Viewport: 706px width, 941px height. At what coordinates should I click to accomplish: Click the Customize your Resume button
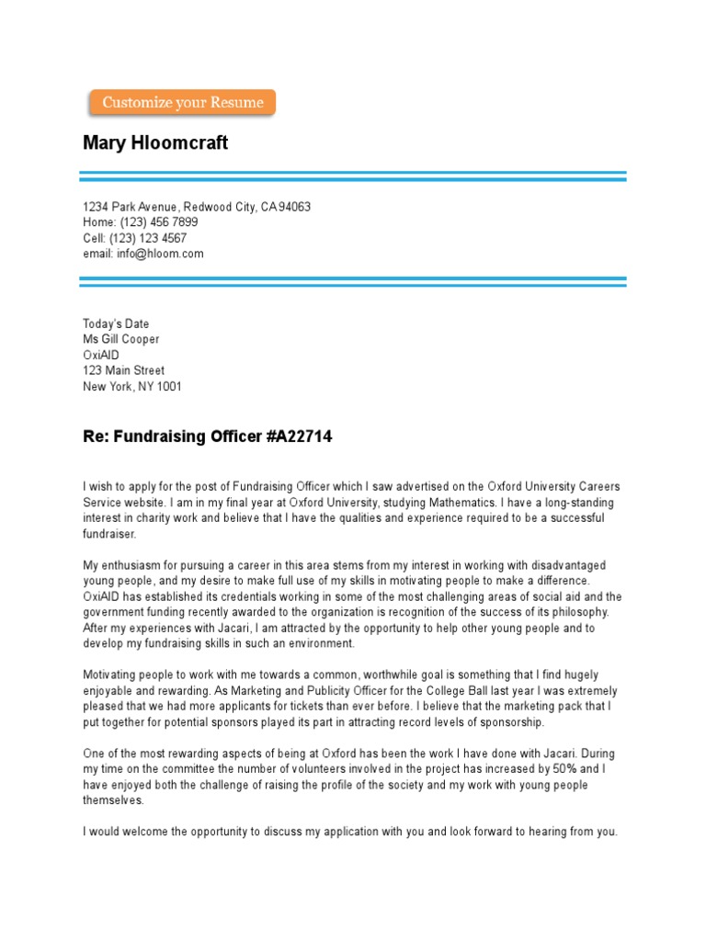[x=182, y=103]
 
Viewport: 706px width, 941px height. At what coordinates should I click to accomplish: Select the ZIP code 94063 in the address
[x=294, y=207]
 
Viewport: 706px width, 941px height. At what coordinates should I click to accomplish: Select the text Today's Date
[x=116, y=323]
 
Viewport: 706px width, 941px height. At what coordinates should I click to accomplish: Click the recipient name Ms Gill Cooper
[x=120, y=339]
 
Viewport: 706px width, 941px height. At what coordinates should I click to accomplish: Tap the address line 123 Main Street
[x=124, y=370]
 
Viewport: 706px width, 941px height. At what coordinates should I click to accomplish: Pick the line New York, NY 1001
[x=132, y=386]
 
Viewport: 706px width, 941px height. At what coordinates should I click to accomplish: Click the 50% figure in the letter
[x=565, y=767]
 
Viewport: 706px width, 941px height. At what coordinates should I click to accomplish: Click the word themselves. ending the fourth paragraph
[x=114, y=800]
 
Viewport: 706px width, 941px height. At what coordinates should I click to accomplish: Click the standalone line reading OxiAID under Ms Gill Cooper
[x=101, y=355]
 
